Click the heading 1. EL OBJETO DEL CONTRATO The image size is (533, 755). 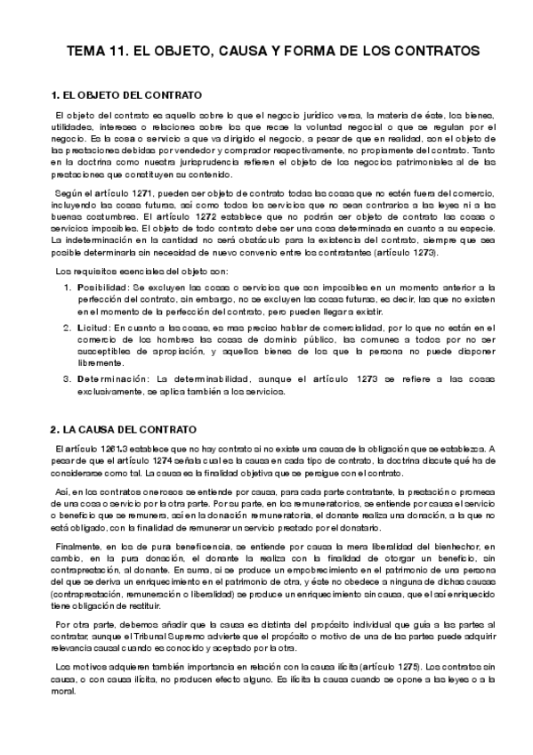point(126,94)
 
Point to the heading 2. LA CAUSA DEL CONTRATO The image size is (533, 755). point(123,429)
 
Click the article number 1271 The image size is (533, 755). point(142,192)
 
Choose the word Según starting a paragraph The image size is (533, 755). point(70,192)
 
